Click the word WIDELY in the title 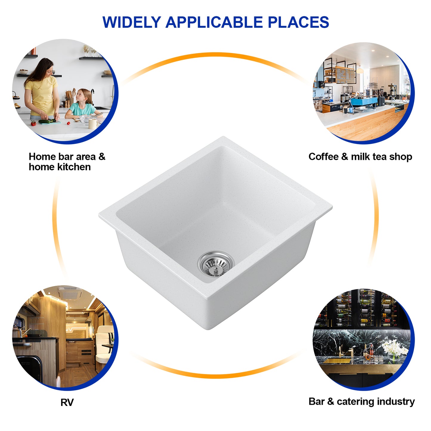[132, 22]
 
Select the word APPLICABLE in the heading [214, 22]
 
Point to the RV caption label [67, 402]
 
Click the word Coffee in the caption [323, 157]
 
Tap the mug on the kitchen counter [93, 123]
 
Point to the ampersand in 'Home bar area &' [102, 157]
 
